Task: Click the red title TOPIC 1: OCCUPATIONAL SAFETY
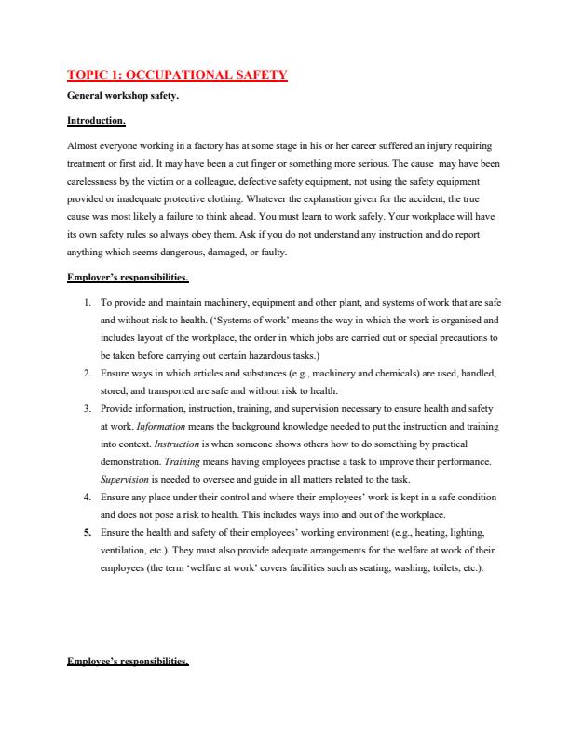(177, 75)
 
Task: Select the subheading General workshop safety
(120, 96)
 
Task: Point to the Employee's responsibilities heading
(129, 663)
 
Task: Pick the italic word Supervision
(124, 480)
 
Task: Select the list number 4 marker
(87, 498)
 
